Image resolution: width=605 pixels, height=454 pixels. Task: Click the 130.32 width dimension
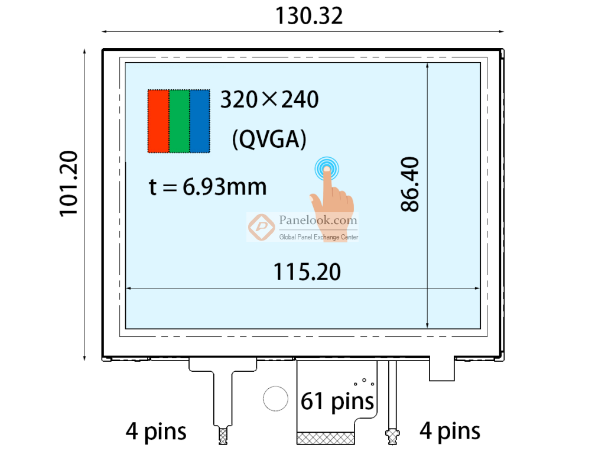[308, 16]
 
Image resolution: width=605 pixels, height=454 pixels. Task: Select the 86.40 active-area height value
[409, 184]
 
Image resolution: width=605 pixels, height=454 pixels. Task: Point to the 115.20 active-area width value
[307, 272]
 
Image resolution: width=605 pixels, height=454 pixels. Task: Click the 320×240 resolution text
[269, 99]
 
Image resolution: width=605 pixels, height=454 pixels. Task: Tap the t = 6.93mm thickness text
[207, 187]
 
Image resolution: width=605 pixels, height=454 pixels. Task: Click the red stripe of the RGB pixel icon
[158, 121]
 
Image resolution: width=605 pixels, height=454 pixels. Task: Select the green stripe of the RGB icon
[179, 121]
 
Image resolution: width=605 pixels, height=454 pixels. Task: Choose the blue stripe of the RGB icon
[200, 121]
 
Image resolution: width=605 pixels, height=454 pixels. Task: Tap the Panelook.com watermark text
[318, 220]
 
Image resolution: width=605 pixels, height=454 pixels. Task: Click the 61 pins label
[337, 401]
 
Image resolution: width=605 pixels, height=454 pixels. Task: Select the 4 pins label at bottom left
[156, 432]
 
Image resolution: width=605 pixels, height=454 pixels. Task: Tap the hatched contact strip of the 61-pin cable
[326, 437]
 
